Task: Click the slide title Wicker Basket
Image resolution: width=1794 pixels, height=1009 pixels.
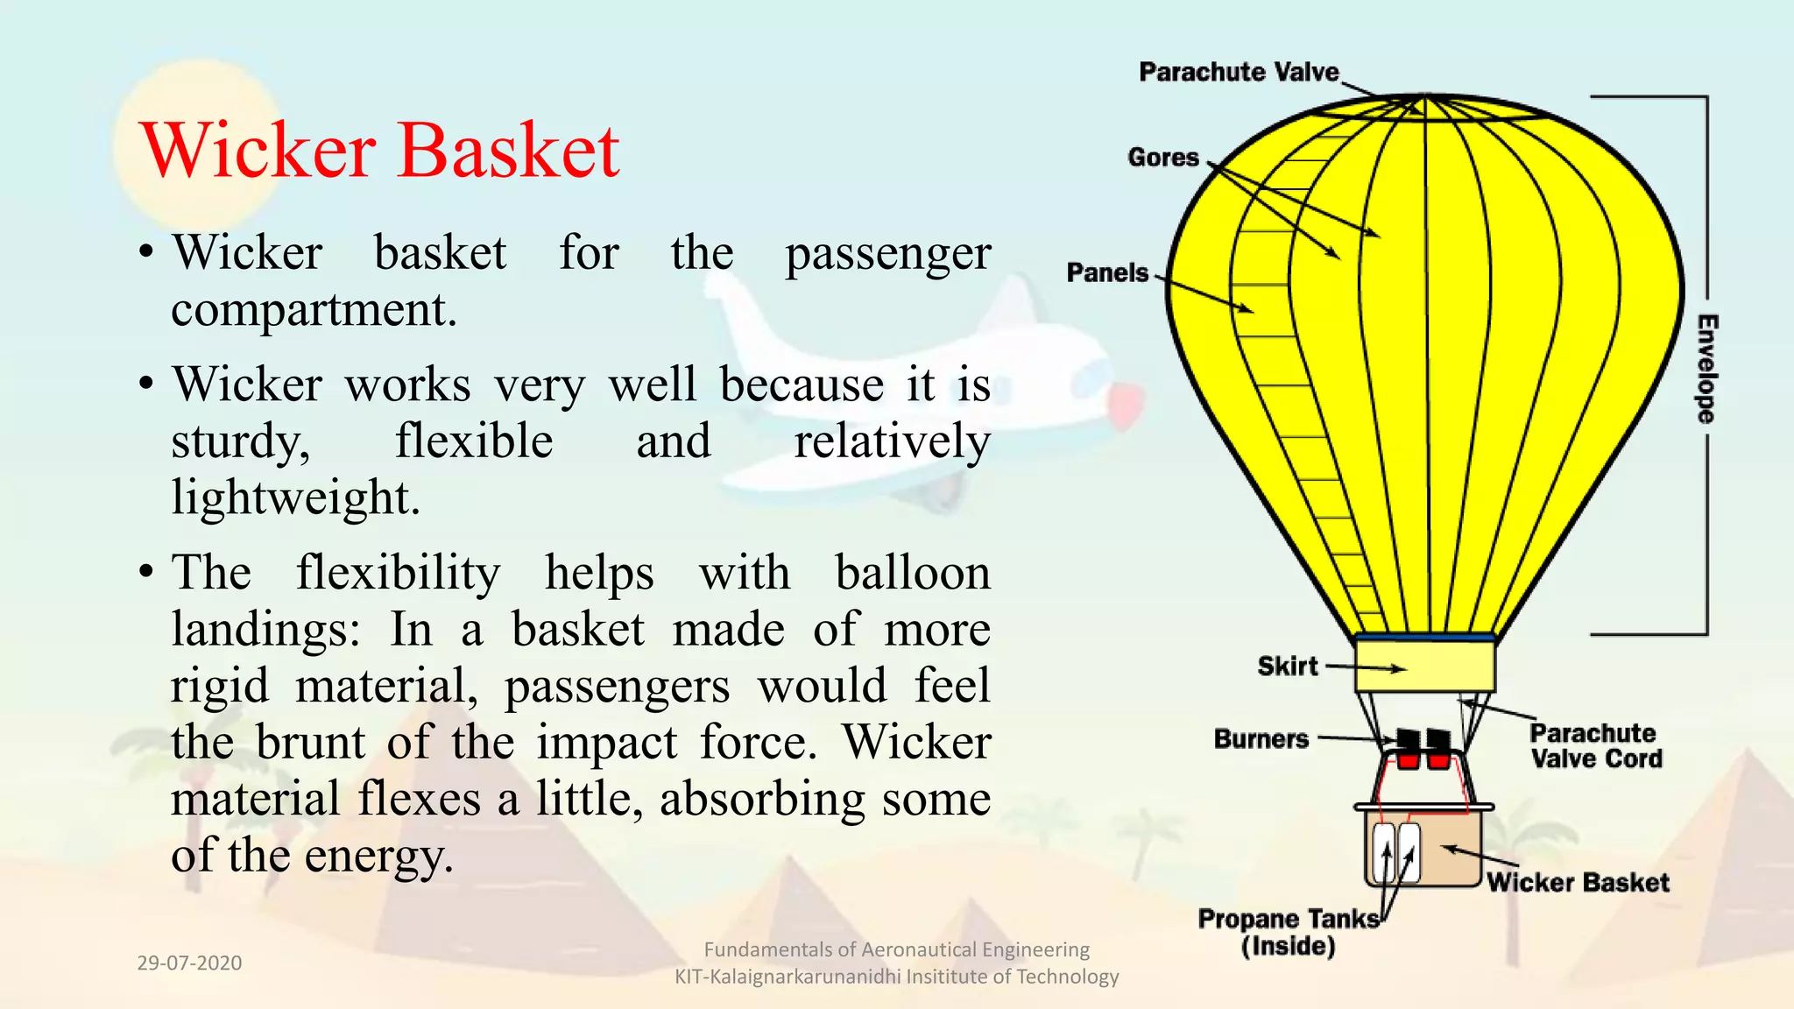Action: [x=379, y=151]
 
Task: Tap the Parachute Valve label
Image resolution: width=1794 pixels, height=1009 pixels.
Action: [x=1239, y=72]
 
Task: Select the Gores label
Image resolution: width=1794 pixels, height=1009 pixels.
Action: [x=1162, y=158]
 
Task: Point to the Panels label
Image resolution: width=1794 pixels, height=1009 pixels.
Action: [x=1106, y=273]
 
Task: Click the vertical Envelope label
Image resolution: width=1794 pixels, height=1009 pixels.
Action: [x=1706, y=368]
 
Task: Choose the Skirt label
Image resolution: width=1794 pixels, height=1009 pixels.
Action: [x=1287, y=667]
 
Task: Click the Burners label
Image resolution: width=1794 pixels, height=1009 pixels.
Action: [x=1261, y=739]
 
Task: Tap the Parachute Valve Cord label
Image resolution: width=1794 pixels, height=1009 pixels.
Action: [x=1595, y=746]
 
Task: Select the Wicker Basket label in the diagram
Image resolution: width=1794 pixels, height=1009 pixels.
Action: [x=1578, y=883]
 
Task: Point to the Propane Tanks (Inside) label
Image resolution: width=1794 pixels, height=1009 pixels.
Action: [x=1288, y=933]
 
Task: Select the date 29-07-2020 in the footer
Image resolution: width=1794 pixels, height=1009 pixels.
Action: [x=189, y=963]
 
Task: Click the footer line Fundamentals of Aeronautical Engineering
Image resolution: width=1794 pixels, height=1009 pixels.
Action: [x=896, y=949]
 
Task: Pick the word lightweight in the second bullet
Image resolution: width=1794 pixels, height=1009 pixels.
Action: [x=294, y=497]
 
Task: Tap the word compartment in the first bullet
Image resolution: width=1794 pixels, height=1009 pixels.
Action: [x=313, y=309]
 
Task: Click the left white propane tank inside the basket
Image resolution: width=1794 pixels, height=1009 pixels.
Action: [x=1383, y=852]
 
